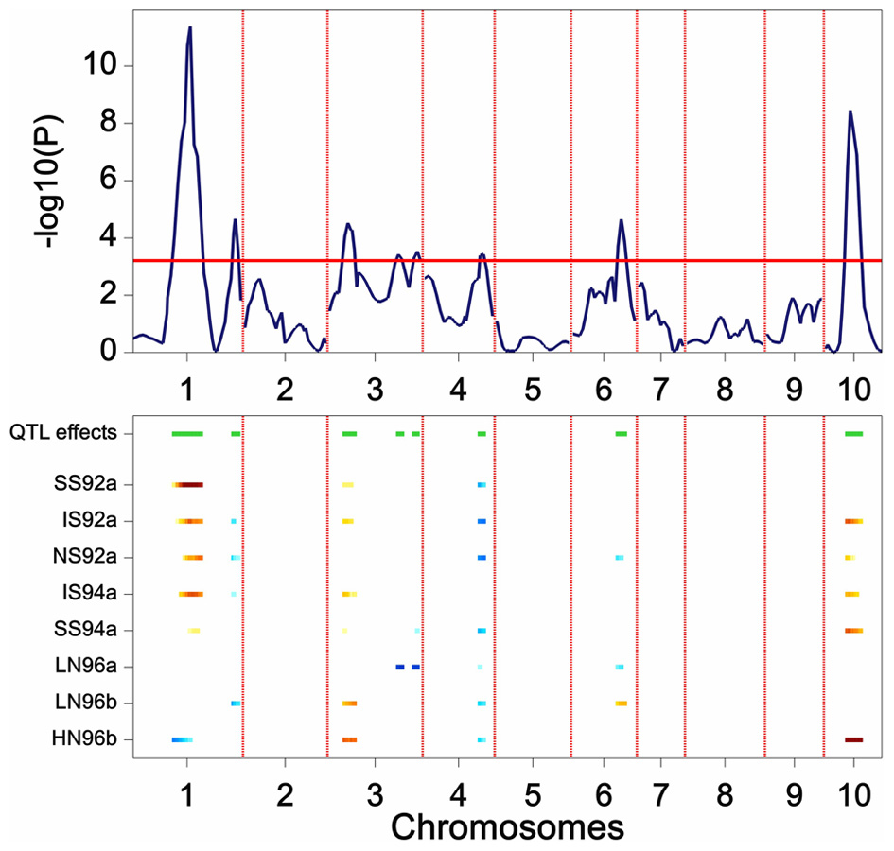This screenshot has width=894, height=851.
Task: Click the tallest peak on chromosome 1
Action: pos(190,28)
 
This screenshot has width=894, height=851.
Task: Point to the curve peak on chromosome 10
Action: pos(850,112)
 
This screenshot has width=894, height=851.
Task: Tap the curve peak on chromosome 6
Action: pos(621,220)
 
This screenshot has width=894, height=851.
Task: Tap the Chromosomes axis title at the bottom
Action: pos(506,826)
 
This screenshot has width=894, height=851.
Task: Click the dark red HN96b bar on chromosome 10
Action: pos(853,739)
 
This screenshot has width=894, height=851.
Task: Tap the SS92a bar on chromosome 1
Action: pos(187,485)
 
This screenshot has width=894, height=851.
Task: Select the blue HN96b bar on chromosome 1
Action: pos(182,739)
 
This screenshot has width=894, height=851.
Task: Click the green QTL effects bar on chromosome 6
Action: pos(621,434)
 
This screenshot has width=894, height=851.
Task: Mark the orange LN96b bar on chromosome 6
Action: pos(621,703)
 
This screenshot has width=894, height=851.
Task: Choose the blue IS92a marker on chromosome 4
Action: pos(482,521)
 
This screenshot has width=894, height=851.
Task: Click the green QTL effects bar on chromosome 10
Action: pos(853,434)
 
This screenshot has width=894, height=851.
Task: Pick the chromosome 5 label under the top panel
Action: pos(532,388)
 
